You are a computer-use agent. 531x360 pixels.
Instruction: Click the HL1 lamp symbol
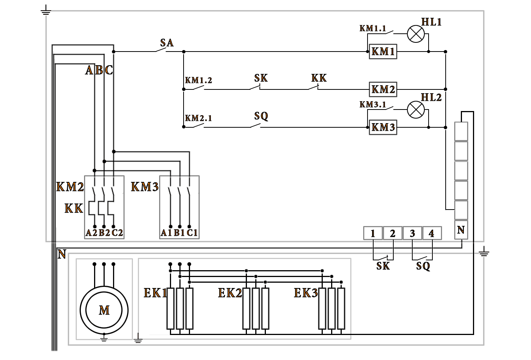point(416,34)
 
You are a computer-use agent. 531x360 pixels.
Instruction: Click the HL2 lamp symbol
point(416,110)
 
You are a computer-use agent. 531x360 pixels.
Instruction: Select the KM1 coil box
point(383,52)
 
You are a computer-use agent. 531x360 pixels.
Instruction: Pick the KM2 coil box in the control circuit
point(383,89)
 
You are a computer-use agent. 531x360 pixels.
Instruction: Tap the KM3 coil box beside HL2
point(383,127)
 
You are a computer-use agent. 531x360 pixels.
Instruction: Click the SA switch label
point(167,43)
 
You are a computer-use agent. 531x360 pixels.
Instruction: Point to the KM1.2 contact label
point(198,80)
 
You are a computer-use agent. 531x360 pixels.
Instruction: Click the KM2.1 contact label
point(198,118)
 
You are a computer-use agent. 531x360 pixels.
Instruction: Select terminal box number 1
point(373,233)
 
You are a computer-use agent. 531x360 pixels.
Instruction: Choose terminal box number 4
point(432,233)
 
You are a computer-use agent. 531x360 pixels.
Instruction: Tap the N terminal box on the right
point(461,230)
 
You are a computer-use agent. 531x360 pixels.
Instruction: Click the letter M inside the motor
point(104,311)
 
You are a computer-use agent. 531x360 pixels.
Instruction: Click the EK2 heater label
point(230,293)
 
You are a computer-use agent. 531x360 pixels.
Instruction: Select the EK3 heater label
point(306,293)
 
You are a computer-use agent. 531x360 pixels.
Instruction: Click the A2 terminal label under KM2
point(91,233)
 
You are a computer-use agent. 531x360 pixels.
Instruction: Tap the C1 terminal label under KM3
point(192,233)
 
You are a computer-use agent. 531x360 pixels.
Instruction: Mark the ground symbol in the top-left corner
point(46,12)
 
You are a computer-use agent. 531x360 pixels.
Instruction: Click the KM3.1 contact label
point(373,104)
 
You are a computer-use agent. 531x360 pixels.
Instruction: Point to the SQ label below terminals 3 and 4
point(423,266)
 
